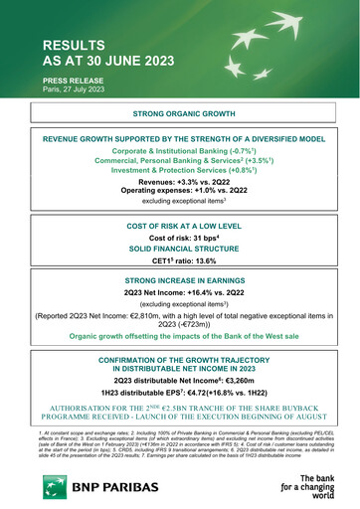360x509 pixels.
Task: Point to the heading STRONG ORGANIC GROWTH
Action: (x=179, y=115)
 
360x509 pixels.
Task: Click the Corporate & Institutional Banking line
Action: (x=179, y=149)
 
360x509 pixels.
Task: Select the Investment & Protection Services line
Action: (x=179, y=169)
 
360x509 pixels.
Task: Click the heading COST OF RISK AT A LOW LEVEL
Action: (x=179, y=228)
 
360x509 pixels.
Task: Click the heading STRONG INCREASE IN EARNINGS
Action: (x=179, y=282)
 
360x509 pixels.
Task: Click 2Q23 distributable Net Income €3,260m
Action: (x=179, y=380)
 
